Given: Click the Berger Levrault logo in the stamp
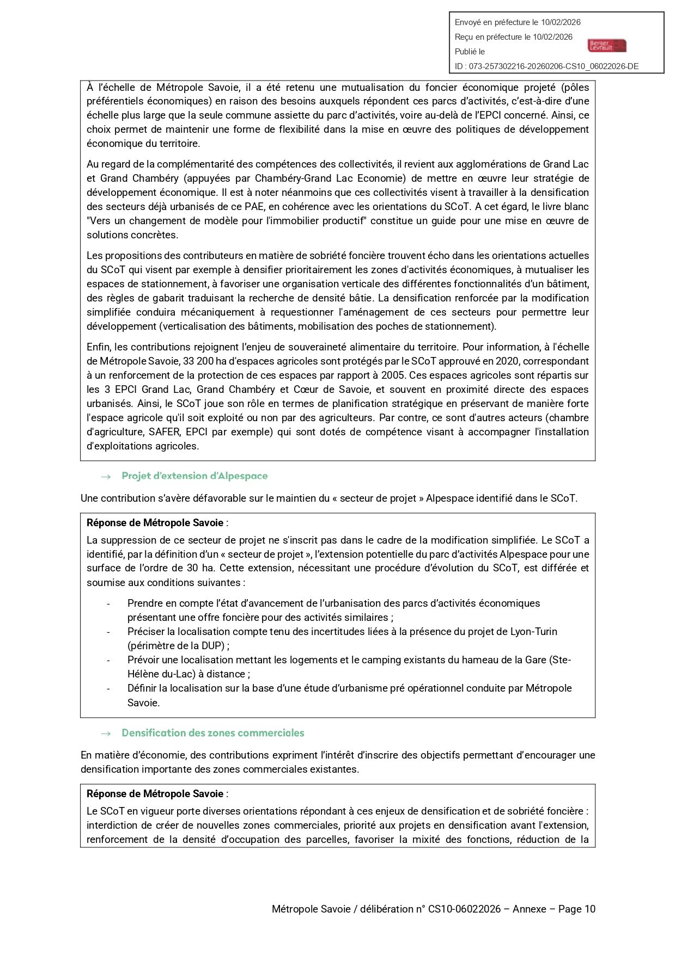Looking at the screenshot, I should pyautogui.click(x=607, y=46).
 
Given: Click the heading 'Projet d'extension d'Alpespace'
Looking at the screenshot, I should pyautogui.click(x=194, y=476).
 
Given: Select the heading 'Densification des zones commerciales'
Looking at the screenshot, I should pyautogui.click(x=212, y=733).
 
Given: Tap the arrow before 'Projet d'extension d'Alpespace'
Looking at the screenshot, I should pyautogui.click(x=106, y=477).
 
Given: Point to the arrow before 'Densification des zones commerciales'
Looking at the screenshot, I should pyautogui.click(x=106, y=734).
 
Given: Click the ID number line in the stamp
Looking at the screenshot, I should pyautogui.click(x=546, y=66).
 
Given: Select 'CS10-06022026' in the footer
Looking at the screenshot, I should pyautogui.click(x=464, y=909).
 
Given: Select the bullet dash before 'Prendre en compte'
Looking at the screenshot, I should pyautogui.click(x=108, y=604).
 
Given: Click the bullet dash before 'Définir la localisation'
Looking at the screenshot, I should pyautogui.click(x=108, y=689).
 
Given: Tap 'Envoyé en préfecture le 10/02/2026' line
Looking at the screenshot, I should pyautogui.click(x=517, y=22).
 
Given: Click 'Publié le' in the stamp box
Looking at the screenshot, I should pyautogui.click(x=470, y=52).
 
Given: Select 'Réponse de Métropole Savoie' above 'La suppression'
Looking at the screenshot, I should pyautogui.click(x=155, y=523).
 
